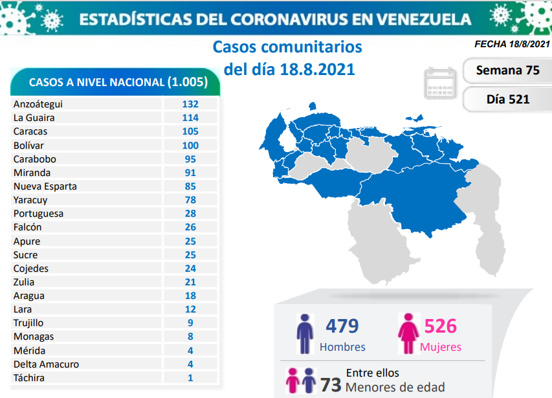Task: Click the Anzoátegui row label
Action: coord(38,104)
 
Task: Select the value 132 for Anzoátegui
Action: coord(190,104)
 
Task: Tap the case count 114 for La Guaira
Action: coord(190,118)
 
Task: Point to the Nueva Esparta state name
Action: coord(45,186)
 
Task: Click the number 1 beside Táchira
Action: coord(190,378)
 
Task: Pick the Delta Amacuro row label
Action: coord(46,364)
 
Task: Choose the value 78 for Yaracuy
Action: coord(190,200)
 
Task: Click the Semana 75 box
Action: coord(507,71)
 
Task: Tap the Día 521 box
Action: coord(507,99)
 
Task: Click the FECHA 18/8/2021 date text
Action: coord(512,45)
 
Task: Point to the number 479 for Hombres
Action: coord(342,325)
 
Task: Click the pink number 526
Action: coord(441,325)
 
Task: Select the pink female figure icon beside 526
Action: coord(408,334)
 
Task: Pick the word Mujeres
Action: coord(441,347)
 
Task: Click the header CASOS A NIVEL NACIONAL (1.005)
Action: coord(118,82)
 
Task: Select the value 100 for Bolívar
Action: coord(190,145)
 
